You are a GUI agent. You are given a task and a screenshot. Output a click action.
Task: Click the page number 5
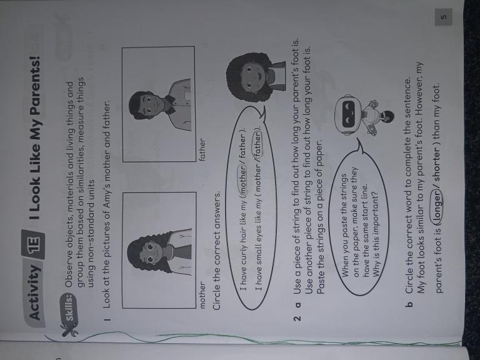(x=444, y=17)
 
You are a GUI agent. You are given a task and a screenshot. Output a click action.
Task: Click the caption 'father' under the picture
(x=202, y=150)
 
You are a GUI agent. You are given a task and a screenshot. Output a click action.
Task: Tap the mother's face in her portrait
(x=151, y=253)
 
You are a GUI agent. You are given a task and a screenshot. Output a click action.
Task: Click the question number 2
(x=297, y=318)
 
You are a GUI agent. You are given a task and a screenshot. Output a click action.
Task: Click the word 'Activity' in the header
(x=34, y=291)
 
